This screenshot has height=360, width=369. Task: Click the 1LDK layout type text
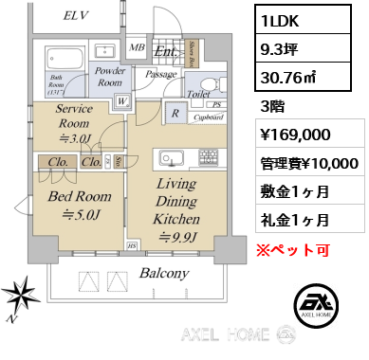point(279,19)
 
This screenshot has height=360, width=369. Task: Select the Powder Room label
point(112,76)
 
